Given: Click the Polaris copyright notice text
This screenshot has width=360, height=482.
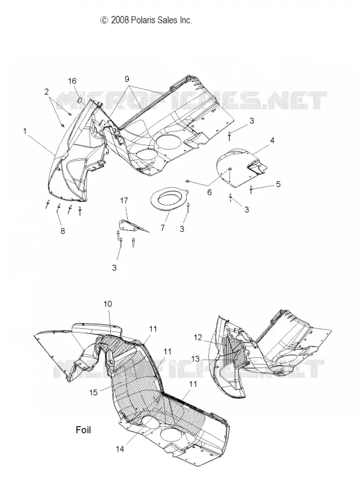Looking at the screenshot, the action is (146, 20).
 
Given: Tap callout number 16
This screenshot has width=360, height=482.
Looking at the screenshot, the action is (72, 81).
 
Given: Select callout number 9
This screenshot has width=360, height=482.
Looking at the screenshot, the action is (127, 79).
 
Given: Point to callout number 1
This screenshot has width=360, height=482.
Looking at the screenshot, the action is (25, 131).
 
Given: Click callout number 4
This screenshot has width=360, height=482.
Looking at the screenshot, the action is (272, 140).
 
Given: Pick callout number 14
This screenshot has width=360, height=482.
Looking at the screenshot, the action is (120, 449).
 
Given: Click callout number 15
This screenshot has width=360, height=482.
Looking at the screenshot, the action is (94, 392).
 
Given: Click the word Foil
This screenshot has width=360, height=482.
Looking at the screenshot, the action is (83, 430).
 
